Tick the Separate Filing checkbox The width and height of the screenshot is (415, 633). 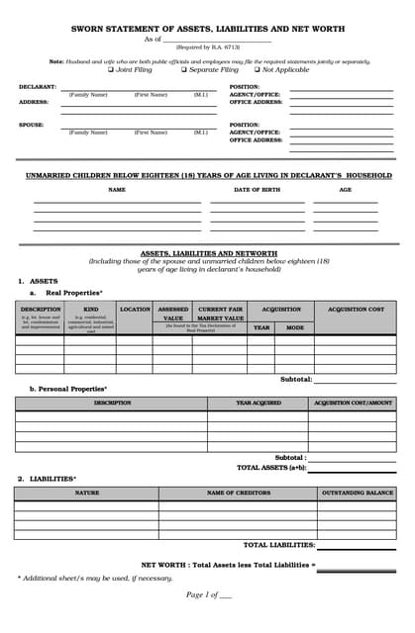click(184, 70)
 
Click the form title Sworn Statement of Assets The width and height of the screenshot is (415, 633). click(207, 30)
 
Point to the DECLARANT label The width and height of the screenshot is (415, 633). click(38, 87)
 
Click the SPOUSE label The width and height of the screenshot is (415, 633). click(31, 125)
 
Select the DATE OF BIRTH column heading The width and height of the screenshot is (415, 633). click(259, 189)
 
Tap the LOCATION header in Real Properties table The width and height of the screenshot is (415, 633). click(135, 310)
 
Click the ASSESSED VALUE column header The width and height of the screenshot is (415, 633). click(173, 314)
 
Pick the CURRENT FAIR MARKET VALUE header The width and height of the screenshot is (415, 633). click(220, 314)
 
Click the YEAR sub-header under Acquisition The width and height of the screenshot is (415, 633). click(260, 326)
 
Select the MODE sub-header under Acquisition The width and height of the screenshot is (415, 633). click(295, 326)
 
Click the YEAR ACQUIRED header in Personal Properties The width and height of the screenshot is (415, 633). click(258, 403)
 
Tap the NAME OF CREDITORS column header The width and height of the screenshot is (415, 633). click(238, 492)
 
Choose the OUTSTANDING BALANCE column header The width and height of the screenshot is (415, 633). click(357, 492)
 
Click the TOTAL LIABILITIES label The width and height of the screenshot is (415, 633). click(279, 545)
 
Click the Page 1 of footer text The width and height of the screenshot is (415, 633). click(208, 594)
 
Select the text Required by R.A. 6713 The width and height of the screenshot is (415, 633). click(207, 46)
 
